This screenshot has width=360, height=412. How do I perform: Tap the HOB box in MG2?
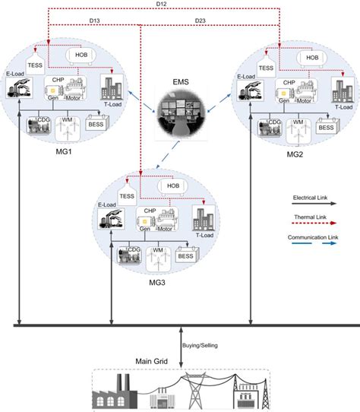click(x=312, y=57)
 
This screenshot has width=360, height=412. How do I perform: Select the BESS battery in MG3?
click(x=186, y=257)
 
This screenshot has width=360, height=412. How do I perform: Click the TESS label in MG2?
click(x=265, y=67)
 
